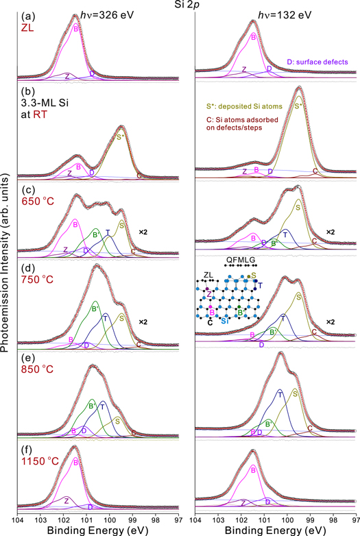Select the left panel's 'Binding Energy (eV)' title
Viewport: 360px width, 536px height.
click(x=99, y=530)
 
